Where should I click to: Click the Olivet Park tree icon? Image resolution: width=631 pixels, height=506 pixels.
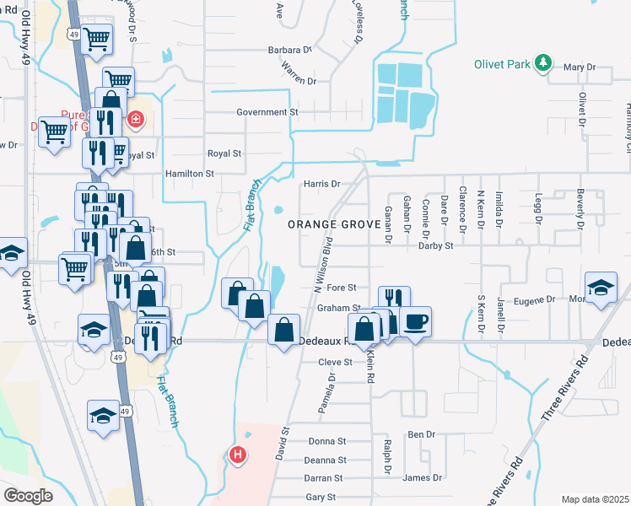(x=544, y=62)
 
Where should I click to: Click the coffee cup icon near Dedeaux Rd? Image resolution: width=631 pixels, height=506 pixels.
(x=414, y=321)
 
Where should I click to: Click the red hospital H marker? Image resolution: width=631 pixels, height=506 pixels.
(x=238, y=455)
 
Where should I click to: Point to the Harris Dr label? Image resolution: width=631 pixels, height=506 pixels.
(x=321, y=183)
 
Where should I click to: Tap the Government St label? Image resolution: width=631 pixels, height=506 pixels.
(x=267, y=111)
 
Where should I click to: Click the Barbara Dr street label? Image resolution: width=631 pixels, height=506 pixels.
(x=290, y=50)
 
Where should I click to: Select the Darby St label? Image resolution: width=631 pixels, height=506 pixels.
(x=437, y=245)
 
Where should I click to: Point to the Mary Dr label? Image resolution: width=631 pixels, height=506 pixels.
(x=579, y=67)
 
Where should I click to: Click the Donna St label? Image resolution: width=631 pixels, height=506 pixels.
(x=327, y=441)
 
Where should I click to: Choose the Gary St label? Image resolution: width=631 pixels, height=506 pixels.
(x=321, y=498)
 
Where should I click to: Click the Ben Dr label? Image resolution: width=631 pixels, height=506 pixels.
(x=420, y=434)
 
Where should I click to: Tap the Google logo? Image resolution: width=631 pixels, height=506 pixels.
(x=29, y=496)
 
